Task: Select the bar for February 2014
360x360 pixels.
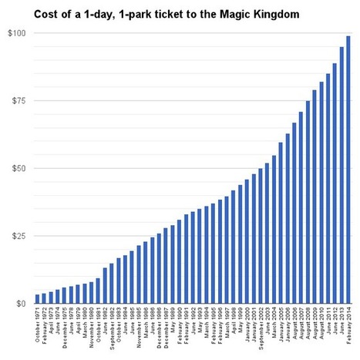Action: [348, 170]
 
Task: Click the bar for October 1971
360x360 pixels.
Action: [38, 299]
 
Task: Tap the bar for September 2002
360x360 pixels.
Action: [261, 236]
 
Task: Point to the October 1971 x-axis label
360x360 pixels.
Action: [38, 328]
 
